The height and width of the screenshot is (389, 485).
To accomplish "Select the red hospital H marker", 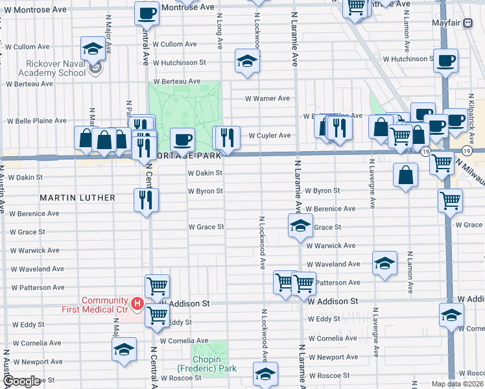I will click(x=137, y=303).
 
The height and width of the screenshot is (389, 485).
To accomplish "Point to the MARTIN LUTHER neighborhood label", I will click(x=77, y=197).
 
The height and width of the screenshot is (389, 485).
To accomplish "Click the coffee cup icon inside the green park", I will click(x=182, y=138).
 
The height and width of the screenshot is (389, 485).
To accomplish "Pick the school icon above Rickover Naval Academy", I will click(x=93, y=47).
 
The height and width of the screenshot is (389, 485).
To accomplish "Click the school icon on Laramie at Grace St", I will click(x=300, y=226).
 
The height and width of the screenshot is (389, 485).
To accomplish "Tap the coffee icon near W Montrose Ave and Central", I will click(x=147, y=12).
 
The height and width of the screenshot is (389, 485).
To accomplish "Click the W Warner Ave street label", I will click(x=266, y=99).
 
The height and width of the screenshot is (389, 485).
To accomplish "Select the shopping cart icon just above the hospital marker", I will click(x=156, y=283).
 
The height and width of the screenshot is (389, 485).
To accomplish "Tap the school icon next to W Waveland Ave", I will click(x=384, y=263).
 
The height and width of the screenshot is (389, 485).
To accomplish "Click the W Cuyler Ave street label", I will click(x=269, y=136).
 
